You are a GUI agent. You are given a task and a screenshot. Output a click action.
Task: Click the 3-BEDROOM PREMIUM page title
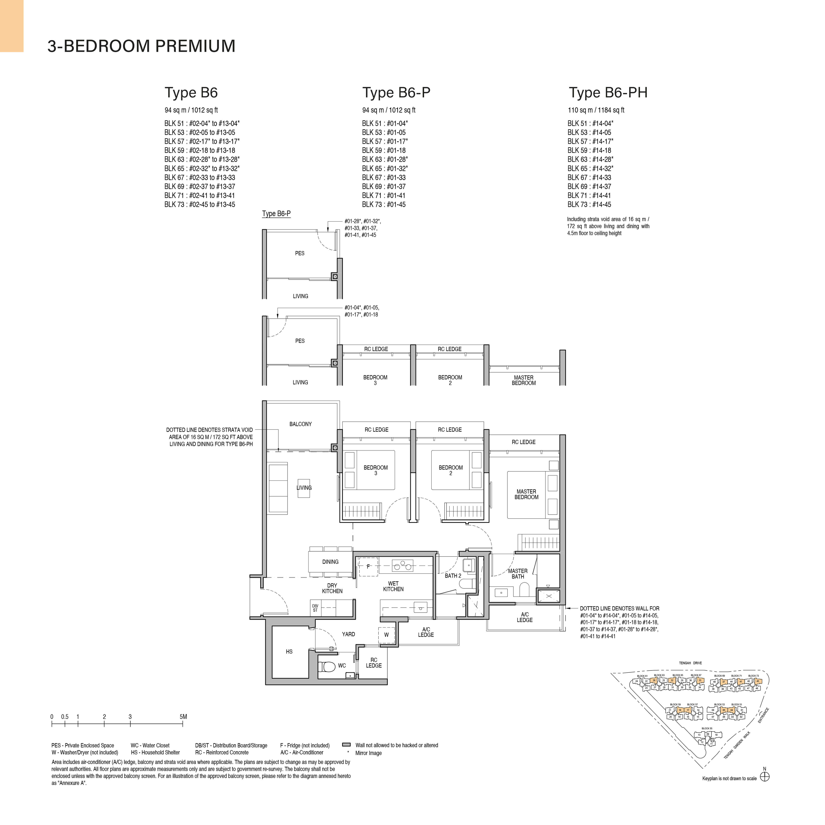(x=141, y=46)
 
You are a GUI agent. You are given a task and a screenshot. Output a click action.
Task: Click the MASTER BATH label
(x=517, y=574)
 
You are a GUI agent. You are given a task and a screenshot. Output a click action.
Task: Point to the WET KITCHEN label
(x=393, y=586)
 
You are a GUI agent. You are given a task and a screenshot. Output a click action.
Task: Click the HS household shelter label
(x=289, y=652)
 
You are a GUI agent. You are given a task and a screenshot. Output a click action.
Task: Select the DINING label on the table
(x=330, y=562)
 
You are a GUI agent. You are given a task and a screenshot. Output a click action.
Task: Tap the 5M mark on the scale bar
(x=183, y=717)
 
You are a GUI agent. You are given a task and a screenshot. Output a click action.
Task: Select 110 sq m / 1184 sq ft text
(x=596, y=110)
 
